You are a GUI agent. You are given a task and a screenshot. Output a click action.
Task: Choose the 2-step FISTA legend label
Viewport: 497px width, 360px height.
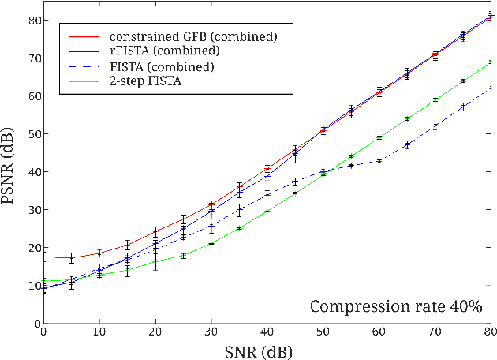[146, 81]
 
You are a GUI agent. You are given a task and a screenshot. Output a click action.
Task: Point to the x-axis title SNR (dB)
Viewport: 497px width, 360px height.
[267, 350]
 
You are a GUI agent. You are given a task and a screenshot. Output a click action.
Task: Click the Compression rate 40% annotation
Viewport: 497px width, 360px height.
[395, 306]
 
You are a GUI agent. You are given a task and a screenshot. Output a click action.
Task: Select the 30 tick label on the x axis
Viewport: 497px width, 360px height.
[211, 333]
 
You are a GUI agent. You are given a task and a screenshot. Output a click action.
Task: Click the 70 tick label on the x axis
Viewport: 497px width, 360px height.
[435, 333]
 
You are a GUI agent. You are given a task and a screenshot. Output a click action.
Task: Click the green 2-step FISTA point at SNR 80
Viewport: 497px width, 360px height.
[491, 62]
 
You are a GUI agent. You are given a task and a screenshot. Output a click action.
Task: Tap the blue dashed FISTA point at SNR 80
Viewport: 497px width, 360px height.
[491, 88]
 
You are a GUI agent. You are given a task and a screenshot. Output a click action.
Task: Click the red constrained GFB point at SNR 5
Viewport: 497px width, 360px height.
[71, 257]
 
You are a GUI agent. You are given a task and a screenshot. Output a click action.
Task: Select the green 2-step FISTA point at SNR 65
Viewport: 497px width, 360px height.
[407, 118]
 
